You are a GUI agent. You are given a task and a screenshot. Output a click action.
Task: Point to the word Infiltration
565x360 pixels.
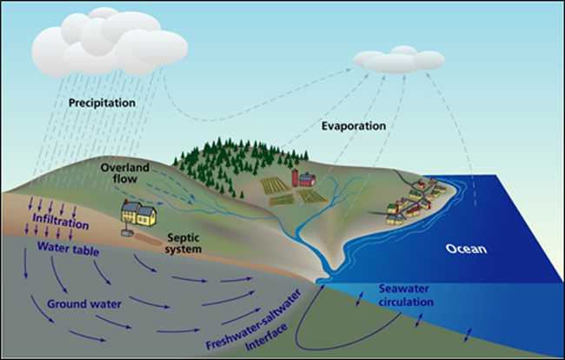click(61, 224)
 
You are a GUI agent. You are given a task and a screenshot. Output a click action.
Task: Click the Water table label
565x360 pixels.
click(65, 247)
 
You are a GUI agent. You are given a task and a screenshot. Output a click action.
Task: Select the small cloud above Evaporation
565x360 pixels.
click(397, 58)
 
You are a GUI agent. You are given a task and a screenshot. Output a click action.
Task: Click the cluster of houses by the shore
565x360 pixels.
click(415, 201)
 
